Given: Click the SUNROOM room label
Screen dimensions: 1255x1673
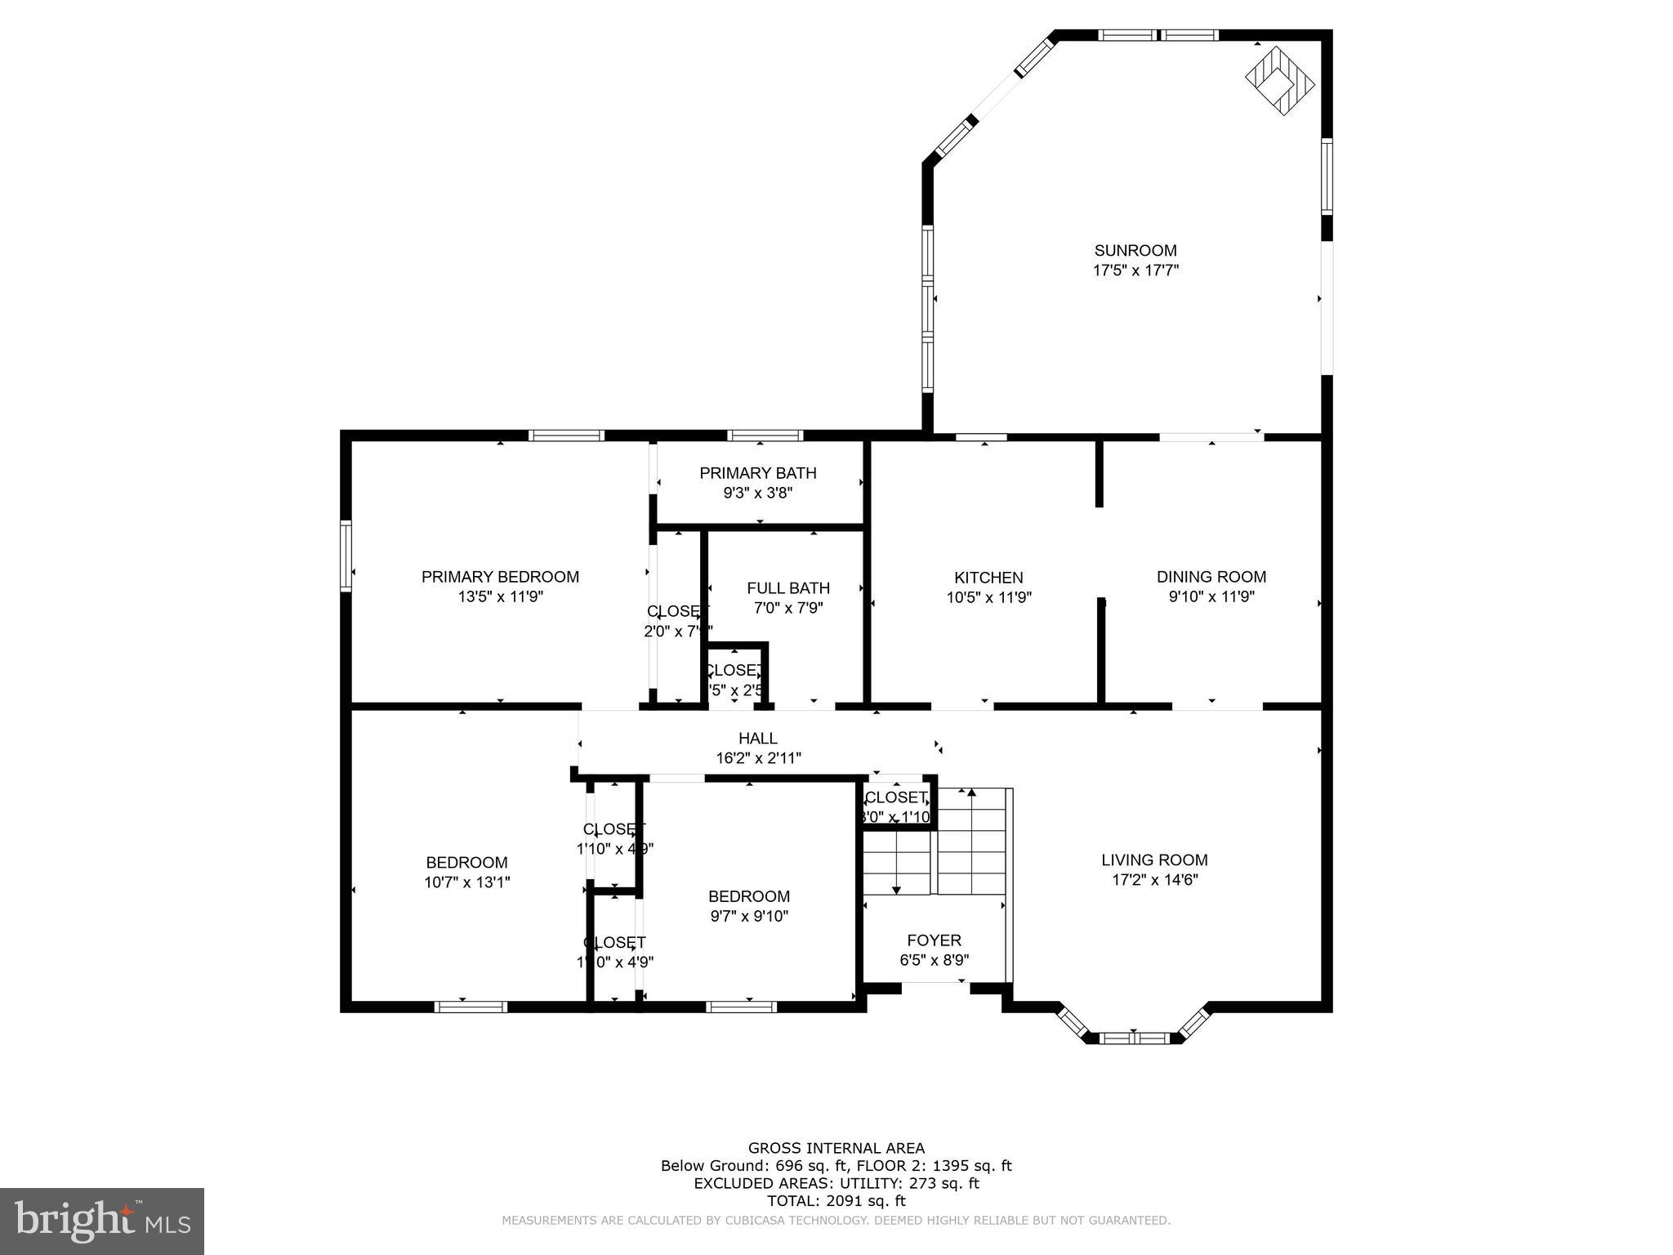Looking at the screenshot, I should [x=1135, y=251].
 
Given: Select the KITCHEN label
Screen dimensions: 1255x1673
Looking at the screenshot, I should [x=988, y=578].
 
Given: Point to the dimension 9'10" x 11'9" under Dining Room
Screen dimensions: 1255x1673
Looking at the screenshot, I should [x=1211, y=597].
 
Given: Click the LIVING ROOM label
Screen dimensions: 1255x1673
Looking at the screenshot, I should [x=1154, y=860].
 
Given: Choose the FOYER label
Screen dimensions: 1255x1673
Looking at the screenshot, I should [x=934, y=940].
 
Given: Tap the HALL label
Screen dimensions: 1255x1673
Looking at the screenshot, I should [x=758, y=739].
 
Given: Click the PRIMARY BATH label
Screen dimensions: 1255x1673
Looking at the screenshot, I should [x=757, y=473].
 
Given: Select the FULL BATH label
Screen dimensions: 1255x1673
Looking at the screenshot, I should [x=787, y=588].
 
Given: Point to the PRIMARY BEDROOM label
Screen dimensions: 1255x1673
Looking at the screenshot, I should [x=500, y=577].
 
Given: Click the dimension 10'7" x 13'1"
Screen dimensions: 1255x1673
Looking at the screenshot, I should [x=467, y=882].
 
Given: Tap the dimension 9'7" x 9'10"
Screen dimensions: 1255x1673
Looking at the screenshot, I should [x=748, y=917].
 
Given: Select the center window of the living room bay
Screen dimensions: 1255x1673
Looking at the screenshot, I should [x=1133, y=1038].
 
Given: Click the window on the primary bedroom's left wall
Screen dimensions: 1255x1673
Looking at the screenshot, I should [x=346, y=556].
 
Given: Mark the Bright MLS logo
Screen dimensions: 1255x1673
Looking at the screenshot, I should [x=102, y=1221].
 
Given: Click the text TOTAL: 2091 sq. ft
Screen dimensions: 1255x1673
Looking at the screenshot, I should [x=836, y=1201].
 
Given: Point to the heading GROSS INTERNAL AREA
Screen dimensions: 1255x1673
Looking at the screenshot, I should [x=836, y=1148].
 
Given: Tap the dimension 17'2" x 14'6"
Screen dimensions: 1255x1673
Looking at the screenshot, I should [x=1154, y=880].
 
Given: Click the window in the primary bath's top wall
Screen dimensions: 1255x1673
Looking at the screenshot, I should [x=765, y=435].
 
